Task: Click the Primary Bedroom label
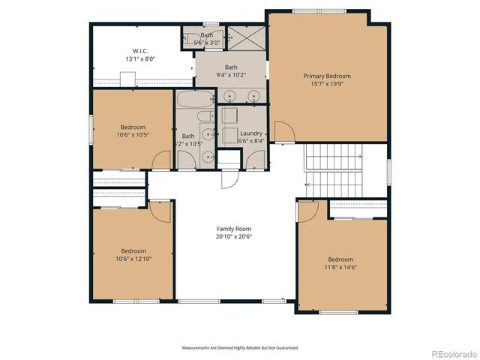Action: click(326, 76)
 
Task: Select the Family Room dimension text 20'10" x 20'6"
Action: click(233, 236)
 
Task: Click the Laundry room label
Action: click(250, 133)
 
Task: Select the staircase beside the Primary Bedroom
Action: click(333, 168)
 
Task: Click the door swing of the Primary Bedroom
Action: click(283, 133)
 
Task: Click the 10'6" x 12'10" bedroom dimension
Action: click(133, 259)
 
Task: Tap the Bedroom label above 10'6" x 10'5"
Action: click(133, 127)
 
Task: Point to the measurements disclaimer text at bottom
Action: click(240, 348)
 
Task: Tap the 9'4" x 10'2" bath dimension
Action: click(231, 74)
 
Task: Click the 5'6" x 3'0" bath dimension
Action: click(207, 43)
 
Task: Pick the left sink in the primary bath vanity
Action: click(229, 95)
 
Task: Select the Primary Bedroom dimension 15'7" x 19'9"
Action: click(326, 84)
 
